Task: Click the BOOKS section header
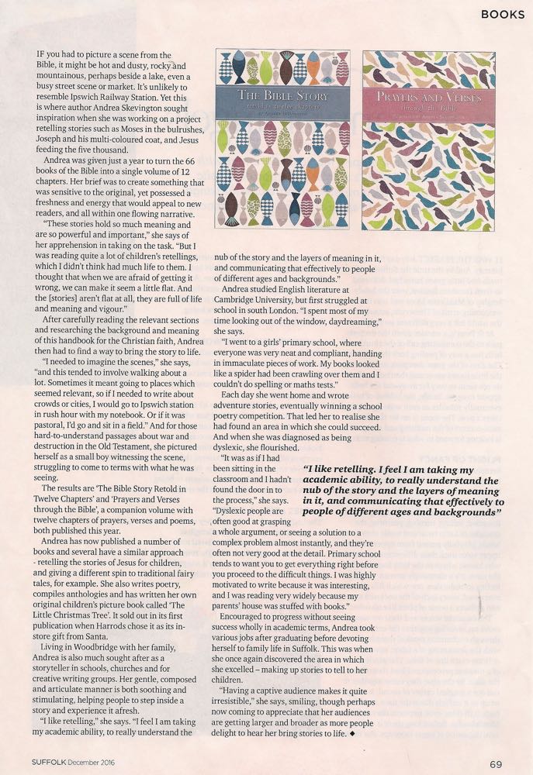point(501,14)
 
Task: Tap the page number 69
point(497,763)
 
